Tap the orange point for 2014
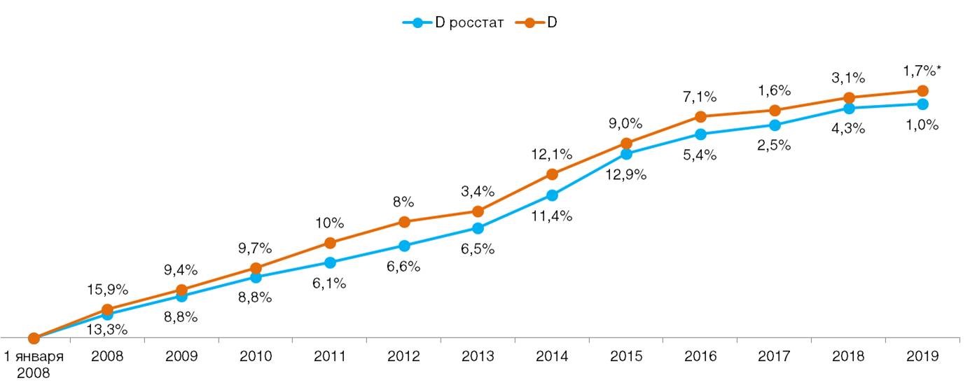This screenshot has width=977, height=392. tap(552, 174)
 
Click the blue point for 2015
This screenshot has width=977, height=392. tap(626, 154)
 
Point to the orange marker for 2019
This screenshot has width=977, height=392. tap(922, 91)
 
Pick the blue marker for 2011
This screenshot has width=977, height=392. tap(330, 262)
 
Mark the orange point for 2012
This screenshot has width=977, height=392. tap(404, 222)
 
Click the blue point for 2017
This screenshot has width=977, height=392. tap(775, 125)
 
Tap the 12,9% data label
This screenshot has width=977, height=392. tap(626, 175)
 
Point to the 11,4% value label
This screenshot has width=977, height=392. tap(553, 216)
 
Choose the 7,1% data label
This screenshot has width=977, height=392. tap(700, 96)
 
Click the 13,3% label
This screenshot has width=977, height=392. tap(107, 330)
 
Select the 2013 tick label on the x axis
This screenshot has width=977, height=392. tap(478, 356)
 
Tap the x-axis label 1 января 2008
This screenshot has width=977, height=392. tap(34, 364)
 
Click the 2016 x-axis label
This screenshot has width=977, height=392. tap(700, 356)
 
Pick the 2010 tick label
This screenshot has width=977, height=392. tap(256, 356)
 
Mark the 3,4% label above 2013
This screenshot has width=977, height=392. tap(478, 191)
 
